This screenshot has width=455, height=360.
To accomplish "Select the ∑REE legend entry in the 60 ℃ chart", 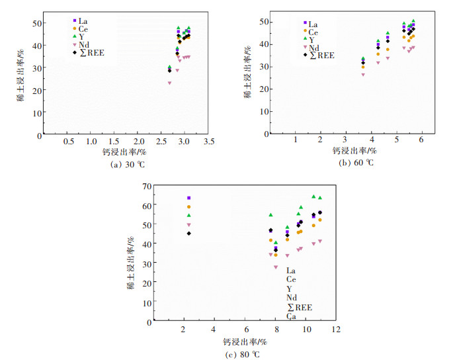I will [x=322, y=55].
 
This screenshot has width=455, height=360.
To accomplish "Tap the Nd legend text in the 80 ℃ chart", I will [x=292, y=298].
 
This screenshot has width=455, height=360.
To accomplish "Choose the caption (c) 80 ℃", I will [x=244, y=354].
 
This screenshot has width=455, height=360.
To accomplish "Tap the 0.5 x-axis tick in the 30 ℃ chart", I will [x=69, y=142].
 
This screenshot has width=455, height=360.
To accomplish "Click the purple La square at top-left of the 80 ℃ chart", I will [x=188, y=198].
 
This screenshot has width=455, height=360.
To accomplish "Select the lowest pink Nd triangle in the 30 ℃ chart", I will [x=169, y=83].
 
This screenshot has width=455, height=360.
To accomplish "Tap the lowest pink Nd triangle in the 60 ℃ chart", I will [x=363, y=75].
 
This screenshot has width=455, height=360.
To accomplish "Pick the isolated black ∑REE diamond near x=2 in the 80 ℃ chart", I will [x=188, y=233].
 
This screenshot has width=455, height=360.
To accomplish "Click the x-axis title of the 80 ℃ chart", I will [x=244, y=341].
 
